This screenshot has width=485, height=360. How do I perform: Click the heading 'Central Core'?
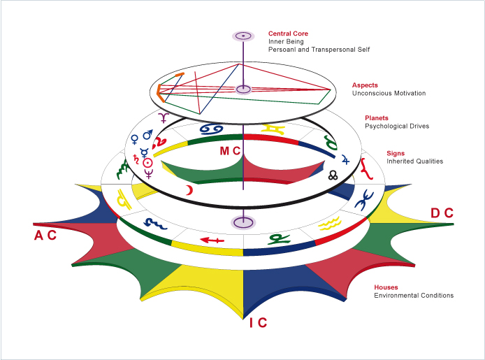[288, 33]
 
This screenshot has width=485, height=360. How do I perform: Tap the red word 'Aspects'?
[365, 85]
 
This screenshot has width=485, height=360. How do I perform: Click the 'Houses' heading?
[386, 287]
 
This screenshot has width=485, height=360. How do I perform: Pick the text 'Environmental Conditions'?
[413, 296]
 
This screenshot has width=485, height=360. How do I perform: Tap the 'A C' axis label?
[45, 236]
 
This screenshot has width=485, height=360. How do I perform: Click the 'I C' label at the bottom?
[258, 323]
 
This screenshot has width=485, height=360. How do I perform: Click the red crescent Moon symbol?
[188, 190]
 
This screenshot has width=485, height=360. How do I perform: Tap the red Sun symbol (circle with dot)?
[147, 162]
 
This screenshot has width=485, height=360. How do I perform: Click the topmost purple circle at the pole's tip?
[243, 35]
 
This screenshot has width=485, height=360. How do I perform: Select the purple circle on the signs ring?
[243, 222]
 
